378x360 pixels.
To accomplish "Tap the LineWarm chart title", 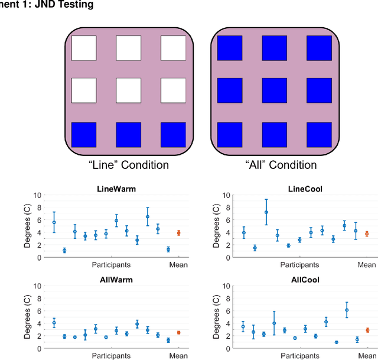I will [116, 189].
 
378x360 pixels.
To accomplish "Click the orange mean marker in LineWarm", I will [178, 233].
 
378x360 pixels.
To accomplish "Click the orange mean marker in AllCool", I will [367, 330].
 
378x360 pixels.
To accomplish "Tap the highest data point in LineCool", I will [266, 212].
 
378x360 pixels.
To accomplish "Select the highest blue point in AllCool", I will [347, 310].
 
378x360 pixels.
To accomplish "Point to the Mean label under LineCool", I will [366, 265].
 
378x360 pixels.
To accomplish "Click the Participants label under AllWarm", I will [110, 356].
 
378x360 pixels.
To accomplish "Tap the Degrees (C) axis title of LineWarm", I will [27, 227].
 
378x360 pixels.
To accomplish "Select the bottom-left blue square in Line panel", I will [83, 135].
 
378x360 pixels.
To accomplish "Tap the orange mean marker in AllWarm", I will [178, 333].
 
